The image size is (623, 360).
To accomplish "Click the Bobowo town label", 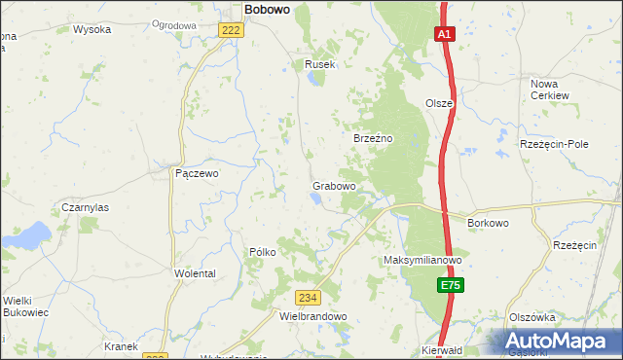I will (x=266, y=9).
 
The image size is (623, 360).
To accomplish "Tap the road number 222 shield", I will (x=231, y=31).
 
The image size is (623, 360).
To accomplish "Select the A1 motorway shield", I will (x=443, y=34).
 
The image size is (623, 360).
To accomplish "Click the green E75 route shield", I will (x=449, y=285).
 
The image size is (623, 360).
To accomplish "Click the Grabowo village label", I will (x=333, y=185).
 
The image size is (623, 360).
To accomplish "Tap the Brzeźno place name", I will (x=372, y=139).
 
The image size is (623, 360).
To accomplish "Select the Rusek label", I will (x=319, y=64).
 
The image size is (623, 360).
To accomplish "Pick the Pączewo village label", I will (x=198, y=173).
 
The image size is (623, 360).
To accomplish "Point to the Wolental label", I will (x=195, y=273).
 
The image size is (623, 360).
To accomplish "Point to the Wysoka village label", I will (x=92, y=29).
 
